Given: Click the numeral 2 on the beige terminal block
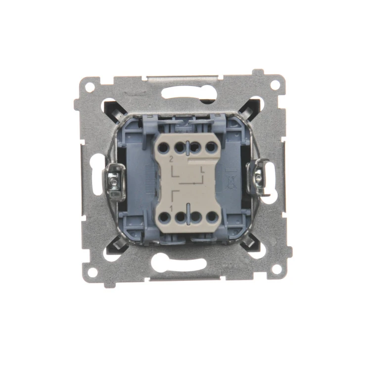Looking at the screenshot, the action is coord(171,159).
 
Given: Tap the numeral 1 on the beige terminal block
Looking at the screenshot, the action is coord(171,208).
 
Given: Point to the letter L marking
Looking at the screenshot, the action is coord(202,169).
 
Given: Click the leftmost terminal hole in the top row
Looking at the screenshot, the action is coord(163,148).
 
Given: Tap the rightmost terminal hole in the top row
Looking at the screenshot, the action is coord(211,147).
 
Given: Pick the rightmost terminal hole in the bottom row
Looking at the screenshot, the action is coord(212,217).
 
